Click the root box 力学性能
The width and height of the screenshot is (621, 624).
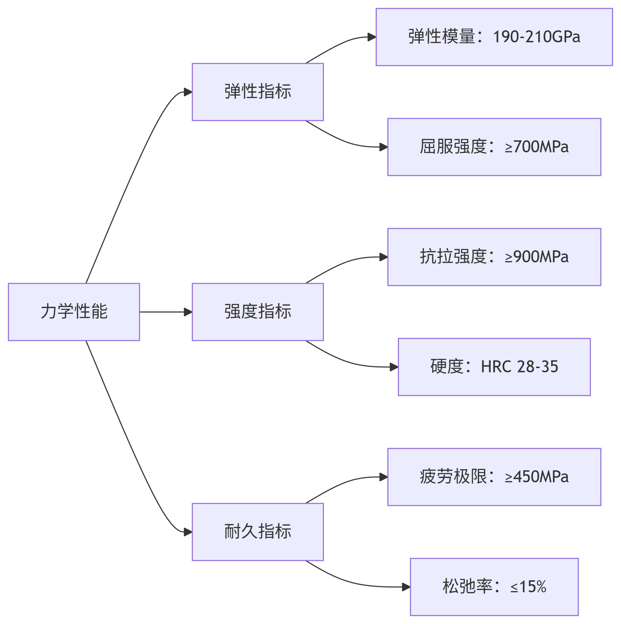click(x=74, y=312)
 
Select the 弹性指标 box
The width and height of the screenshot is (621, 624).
click(x=258, y=92)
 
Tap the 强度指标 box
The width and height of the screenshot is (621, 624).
click(x=258, y=312)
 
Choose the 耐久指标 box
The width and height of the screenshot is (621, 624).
click(x=258, y=532)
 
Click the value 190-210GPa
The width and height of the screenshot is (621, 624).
click(x=536, y=37)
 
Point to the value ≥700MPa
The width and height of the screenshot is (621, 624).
click(x=536, y=147)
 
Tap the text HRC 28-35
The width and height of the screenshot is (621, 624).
click(x=519, y=367)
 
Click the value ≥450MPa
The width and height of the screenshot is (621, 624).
click(x=536, y=477)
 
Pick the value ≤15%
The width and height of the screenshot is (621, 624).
click(x=528, y=587)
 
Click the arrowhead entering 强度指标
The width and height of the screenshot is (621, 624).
click(x=188, y=312)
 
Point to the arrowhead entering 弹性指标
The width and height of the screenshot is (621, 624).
click(x=188, y=92)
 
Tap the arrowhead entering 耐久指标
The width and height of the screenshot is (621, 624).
click(x=188, y=532)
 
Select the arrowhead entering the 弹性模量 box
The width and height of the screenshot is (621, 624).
click(x=372, y=37)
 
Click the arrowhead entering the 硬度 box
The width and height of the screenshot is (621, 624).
click(x=394, y=367)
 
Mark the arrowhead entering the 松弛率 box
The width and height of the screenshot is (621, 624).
click(x=406, y=587)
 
